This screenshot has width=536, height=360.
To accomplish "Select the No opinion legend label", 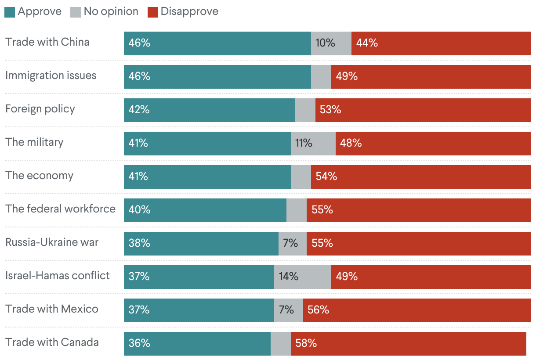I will (111, 12).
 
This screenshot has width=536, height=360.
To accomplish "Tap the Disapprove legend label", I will (189, 12).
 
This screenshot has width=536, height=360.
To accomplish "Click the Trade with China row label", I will (47, 42).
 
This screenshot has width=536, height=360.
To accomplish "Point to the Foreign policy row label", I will (40, 109).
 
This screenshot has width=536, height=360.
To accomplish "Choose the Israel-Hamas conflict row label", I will (58, 276).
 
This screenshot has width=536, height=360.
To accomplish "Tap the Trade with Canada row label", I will (52, 342).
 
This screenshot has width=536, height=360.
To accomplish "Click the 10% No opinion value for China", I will (325, 43).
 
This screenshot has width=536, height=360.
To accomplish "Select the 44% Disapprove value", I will (367, 43).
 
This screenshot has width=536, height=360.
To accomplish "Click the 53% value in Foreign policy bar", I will (330, 110).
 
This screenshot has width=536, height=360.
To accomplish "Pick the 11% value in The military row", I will (303, 143).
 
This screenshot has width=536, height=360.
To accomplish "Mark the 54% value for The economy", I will (326, 176).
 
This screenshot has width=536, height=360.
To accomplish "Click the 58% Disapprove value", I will (306, 343).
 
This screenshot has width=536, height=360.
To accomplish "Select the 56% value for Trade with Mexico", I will (319, 310).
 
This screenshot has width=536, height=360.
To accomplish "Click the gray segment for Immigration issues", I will (321, 76).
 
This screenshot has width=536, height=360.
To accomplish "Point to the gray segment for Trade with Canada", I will (280, 343).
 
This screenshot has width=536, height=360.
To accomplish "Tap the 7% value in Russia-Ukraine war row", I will (290, 243).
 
